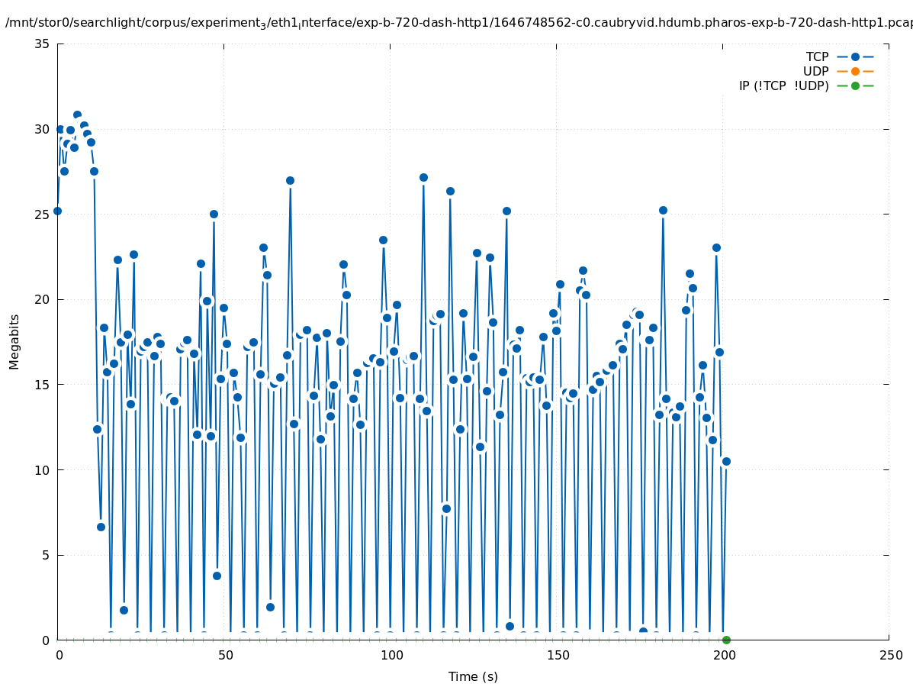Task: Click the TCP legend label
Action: [817, 56]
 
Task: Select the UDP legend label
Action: [815, 71]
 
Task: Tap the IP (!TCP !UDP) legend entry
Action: [783, 85]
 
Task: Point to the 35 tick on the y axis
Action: [42, 44]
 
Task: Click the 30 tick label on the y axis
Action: [42, 129]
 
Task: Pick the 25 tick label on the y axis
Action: [42, 214]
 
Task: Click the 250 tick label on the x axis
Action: [889, 656]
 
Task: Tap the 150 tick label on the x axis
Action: [558, 656]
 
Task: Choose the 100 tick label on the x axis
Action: [391, 656]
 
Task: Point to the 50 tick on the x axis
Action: [225, 656]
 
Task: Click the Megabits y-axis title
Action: [14, 341]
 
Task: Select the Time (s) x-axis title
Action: [473, 676]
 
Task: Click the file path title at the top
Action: [458, 23]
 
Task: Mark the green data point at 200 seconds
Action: [726, 640]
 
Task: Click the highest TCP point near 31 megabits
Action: [77, 114]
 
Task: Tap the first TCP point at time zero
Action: [57, 211]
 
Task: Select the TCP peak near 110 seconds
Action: [423, 177]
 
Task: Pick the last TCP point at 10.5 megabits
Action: [726, 461]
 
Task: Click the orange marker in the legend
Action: [855, 71]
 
